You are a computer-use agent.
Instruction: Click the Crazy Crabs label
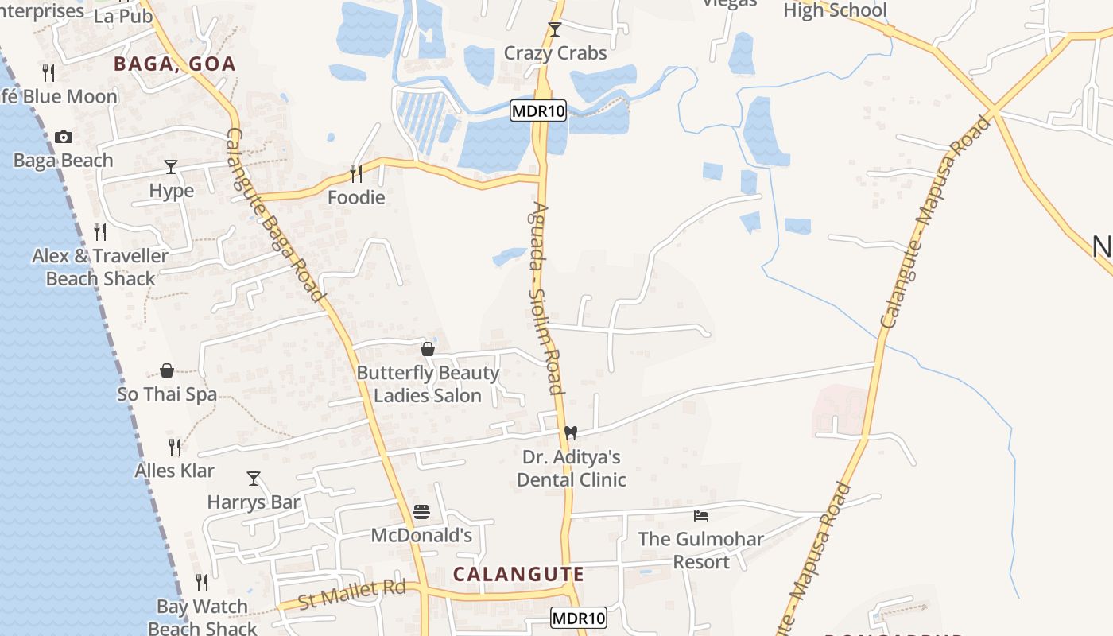[x=555, y=53]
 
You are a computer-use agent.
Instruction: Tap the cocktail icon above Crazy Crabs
[x=555, y=30]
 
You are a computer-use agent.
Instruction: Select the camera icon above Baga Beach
[x=64, y=138]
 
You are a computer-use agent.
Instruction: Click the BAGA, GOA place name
[x=175, y=64]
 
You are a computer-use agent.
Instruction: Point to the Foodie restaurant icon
[x=356, y=173]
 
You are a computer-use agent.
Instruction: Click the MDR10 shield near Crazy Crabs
[x=538, y=111]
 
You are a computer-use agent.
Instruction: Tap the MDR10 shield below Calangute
[x=579, y=618]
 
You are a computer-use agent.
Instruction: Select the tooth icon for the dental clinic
[x=570, y=433]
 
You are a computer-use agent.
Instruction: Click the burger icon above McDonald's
[x=421, y=511]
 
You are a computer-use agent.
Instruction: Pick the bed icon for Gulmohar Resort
[x=700, y=515]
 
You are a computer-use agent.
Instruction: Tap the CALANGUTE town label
[x=518, y=574]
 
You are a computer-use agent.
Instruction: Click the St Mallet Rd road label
[x=351, y=593]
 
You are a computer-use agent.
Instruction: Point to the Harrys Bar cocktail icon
[x=254, y=479]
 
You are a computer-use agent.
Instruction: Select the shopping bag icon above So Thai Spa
[x=167, y=370]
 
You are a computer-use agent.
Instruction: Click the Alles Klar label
[x=174, y=471]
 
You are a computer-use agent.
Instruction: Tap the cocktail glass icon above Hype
[x=171, y=167]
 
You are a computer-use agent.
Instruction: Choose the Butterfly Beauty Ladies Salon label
[x=428, y=384]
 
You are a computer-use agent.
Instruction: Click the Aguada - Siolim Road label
[x=545, y=297]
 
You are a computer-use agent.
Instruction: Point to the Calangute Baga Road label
[x=276, y=215]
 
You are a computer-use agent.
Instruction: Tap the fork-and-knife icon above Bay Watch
[x=202, y=583]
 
